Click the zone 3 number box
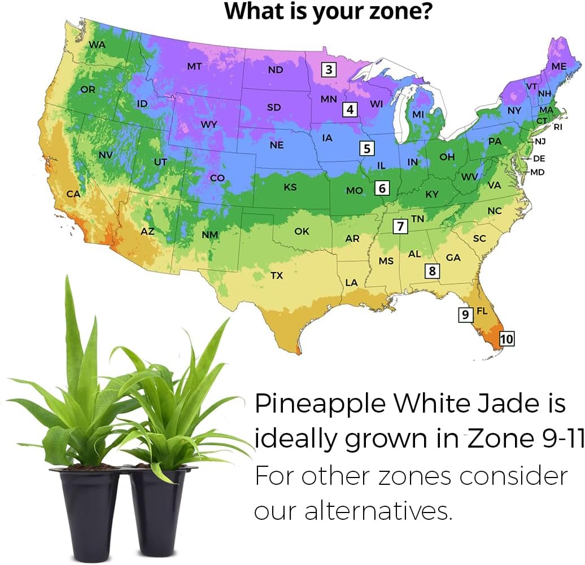[x=329, y=70]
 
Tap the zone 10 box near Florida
[x=507, y=339]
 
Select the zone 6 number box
[x=382, y=188]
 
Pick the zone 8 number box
[x=433, y=271]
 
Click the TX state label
[x=277, y=275]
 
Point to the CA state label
[x=73, y=194]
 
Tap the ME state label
[x=558, y=67]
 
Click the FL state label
[x=482, y=311]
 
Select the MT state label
[x=194, y=67]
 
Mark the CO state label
[x=217, y=178]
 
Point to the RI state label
[x=558, y=127]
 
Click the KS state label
[x=290, y=187]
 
